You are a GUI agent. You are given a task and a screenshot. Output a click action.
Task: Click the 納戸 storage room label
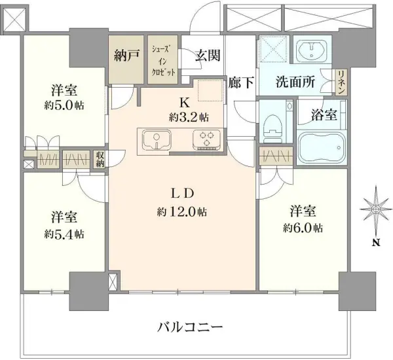point(126,56)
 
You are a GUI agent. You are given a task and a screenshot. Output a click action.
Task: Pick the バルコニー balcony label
point(190,325)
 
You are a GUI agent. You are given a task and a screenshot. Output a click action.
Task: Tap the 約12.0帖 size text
point(182,212)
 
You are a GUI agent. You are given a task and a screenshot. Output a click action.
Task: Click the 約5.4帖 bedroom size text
point(64,234)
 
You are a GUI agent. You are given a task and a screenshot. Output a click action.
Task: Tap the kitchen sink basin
point(157,139)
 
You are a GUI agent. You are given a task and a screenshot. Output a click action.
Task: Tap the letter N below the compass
point(376,243)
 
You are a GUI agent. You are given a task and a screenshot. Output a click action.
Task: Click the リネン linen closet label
point(341,82)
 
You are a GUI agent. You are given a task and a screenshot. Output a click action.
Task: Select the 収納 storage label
point(100,159)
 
